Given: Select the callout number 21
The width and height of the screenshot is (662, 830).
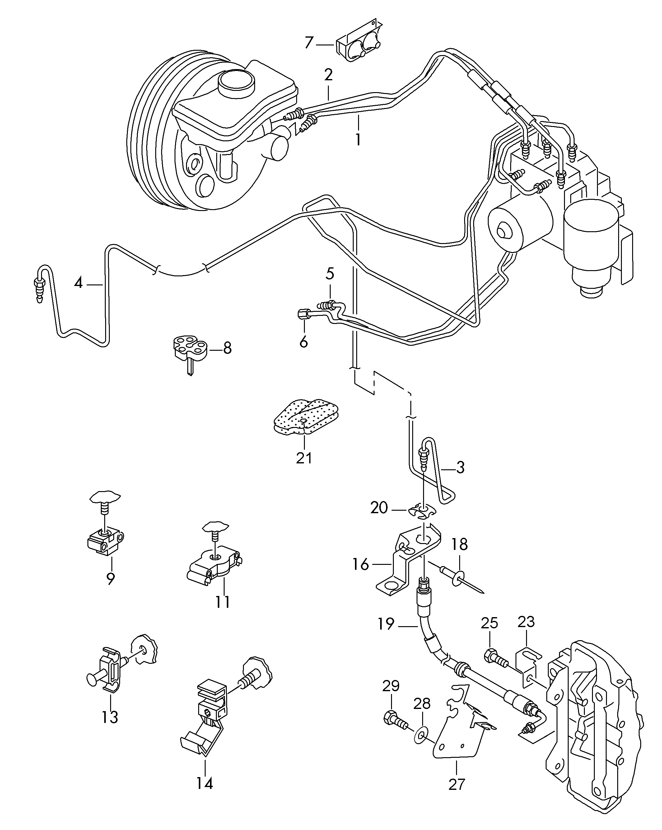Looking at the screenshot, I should click(x=304, y=458).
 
